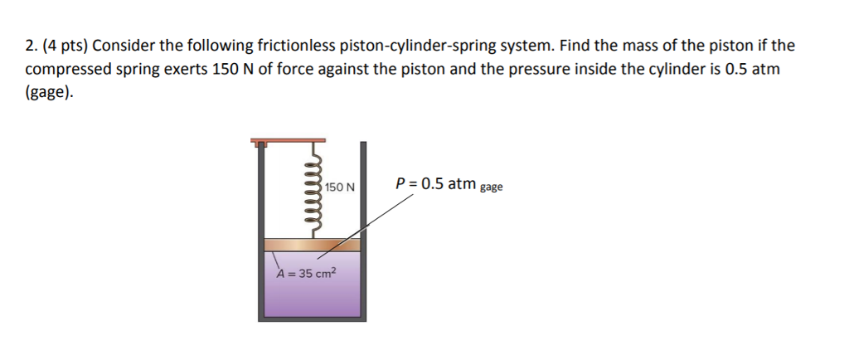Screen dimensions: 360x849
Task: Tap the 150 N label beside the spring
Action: (340, 187)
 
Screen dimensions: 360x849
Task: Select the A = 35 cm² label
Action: (308, 273)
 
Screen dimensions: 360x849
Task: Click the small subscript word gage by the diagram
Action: (491, 187)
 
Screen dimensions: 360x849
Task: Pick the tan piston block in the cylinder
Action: (313, 246)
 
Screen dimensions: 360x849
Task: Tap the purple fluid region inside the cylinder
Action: (313, 294)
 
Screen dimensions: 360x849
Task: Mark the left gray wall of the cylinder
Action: (261, 232)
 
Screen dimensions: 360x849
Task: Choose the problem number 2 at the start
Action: (29, 46)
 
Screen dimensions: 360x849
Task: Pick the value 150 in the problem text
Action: (226, 69)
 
